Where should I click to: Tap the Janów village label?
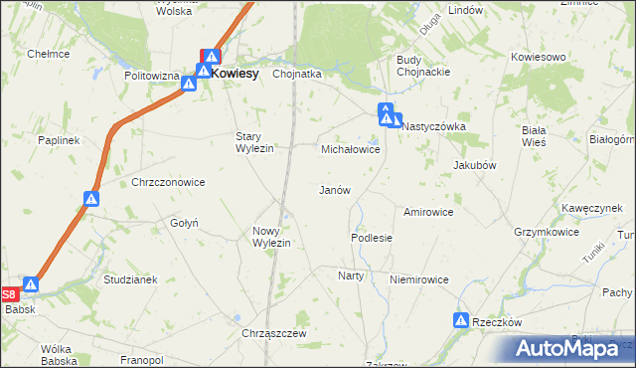333,190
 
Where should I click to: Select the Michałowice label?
351,149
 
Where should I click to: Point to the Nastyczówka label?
433,127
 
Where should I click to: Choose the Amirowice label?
428,212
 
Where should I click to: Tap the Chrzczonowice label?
168,182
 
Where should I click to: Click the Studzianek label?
130,279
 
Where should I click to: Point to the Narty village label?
351,276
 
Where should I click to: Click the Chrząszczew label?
272,332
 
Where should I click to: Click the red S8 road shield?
9,294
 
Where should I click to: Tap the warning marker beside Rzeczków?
461,320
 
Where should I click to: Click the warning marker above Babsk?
31,285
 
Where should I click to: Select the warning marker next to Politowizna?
188,84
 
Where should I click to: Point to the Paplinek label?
59,141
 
